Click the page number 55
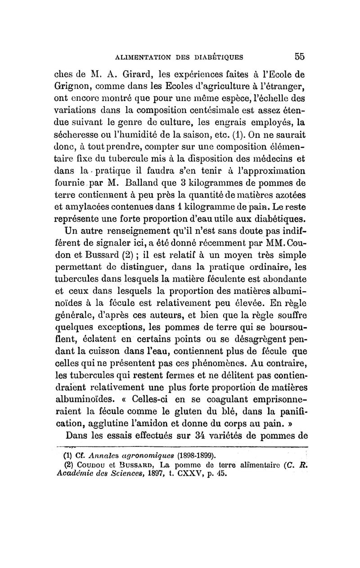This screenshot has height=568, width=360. tap(300, 57)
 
